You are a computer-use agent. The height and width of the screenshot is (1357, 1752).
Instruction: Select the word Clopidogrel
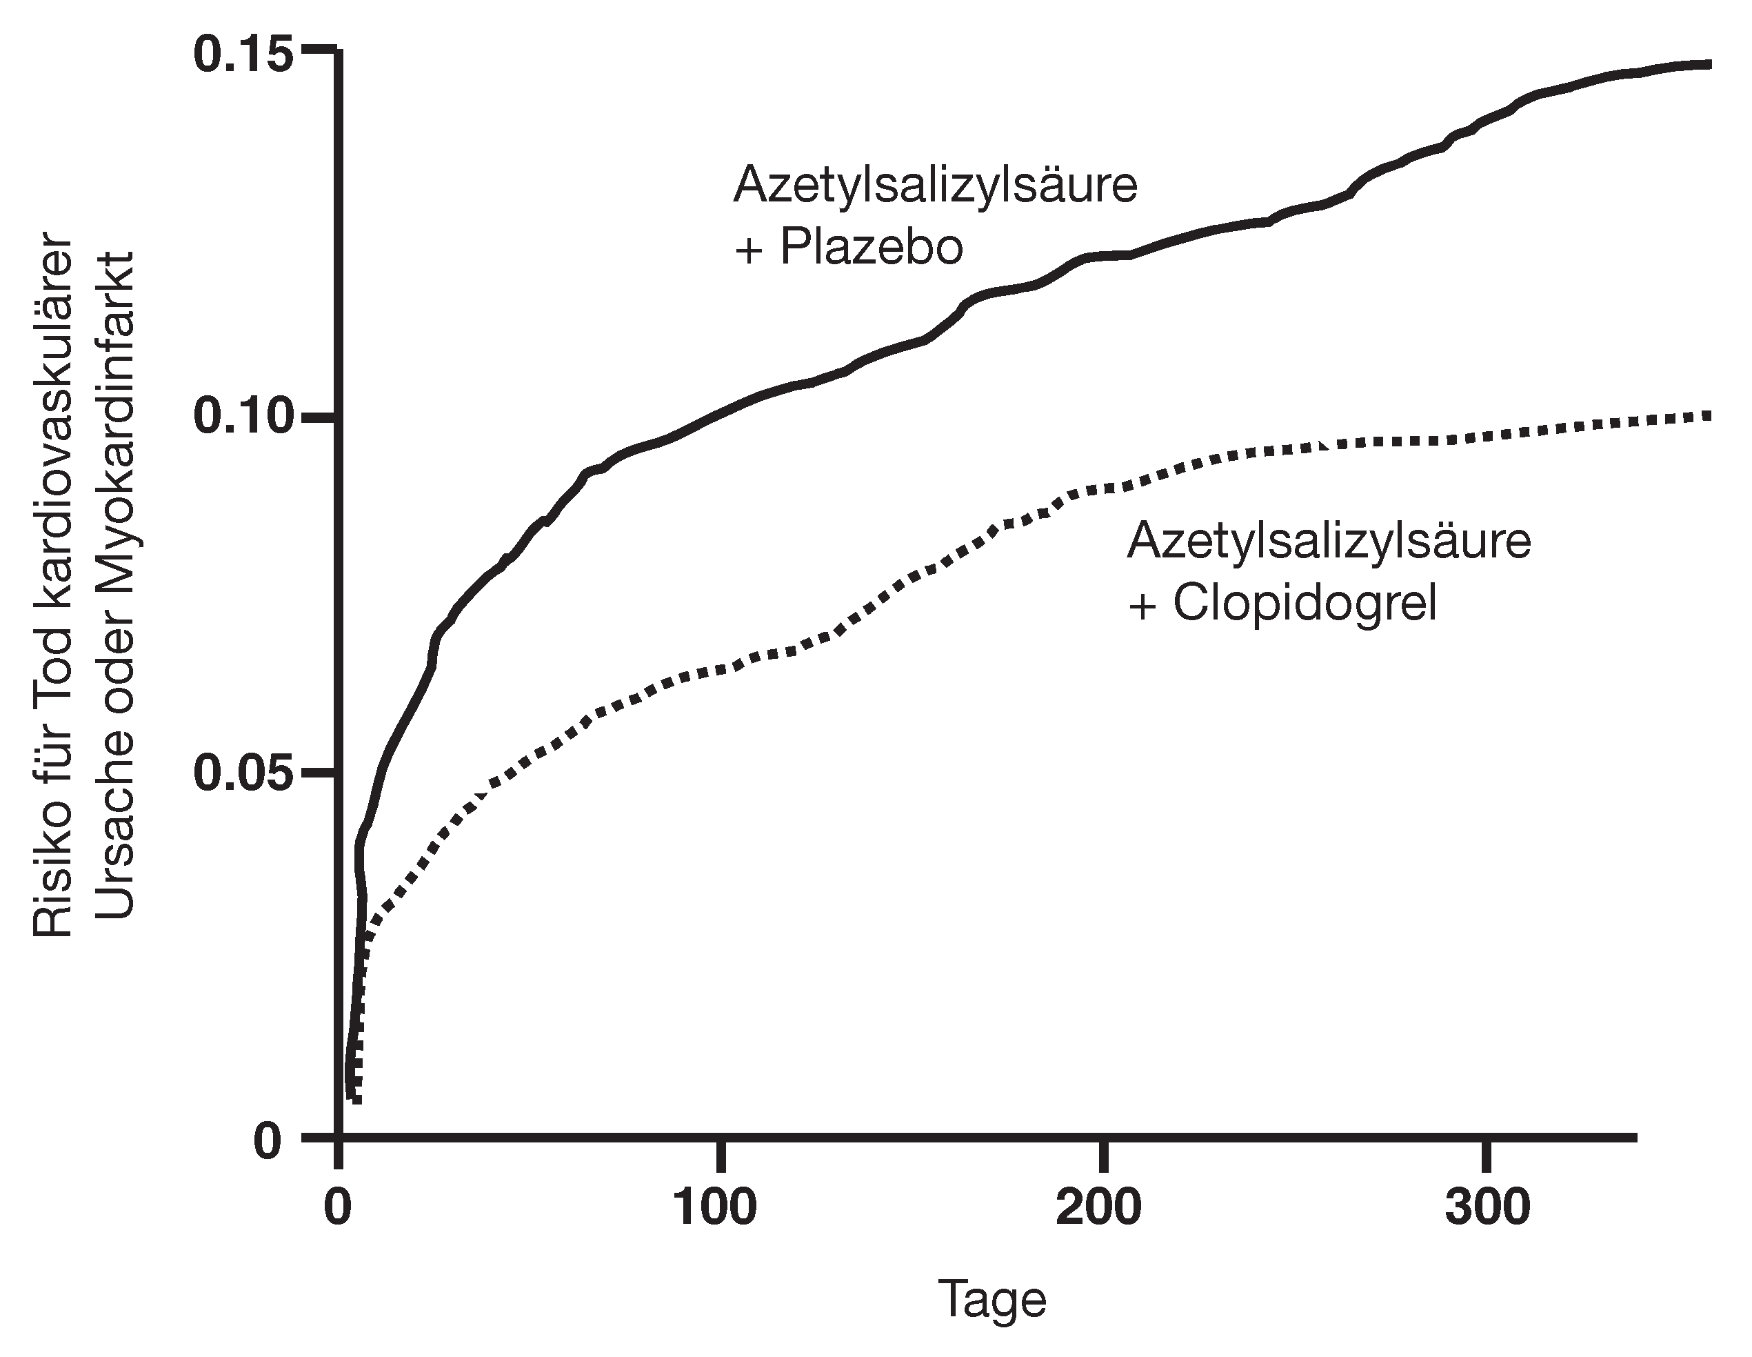tap(1305, 603)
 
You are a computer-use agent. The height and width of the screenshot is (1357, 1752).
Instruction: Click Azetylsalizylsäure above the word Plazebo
tap(936, 185)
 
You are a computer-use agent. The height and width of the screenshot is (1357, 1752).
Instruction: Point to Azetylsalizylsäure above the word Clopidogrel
tap(1329, 541)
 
